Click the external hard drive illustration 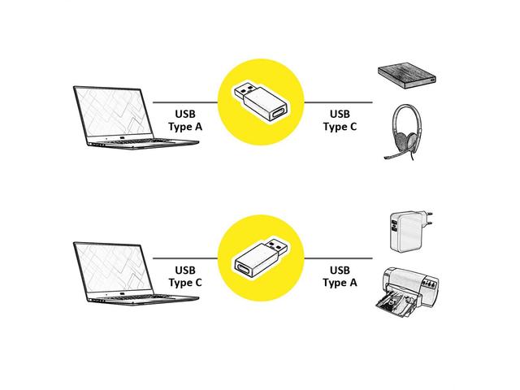[407, 77]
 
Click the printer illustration [408, 292]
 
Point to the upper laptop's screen [113, 113]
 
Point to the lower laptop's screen [113, 269]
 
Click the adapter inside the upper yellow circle [262, 102]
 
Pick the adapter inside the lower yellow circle [262, 258]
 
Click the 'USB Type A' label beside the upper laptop [185, 120]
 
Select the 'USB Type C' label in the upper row [340, 120]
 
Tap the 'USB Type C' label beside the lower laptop [185, 276]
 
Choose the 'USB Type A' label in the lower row [340, 276]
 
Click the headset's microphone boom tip [386, 158]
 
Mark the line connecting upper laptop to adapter [185, 102]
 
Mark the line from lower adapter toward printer [338, 258]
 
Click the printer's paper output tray [395, 305]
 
